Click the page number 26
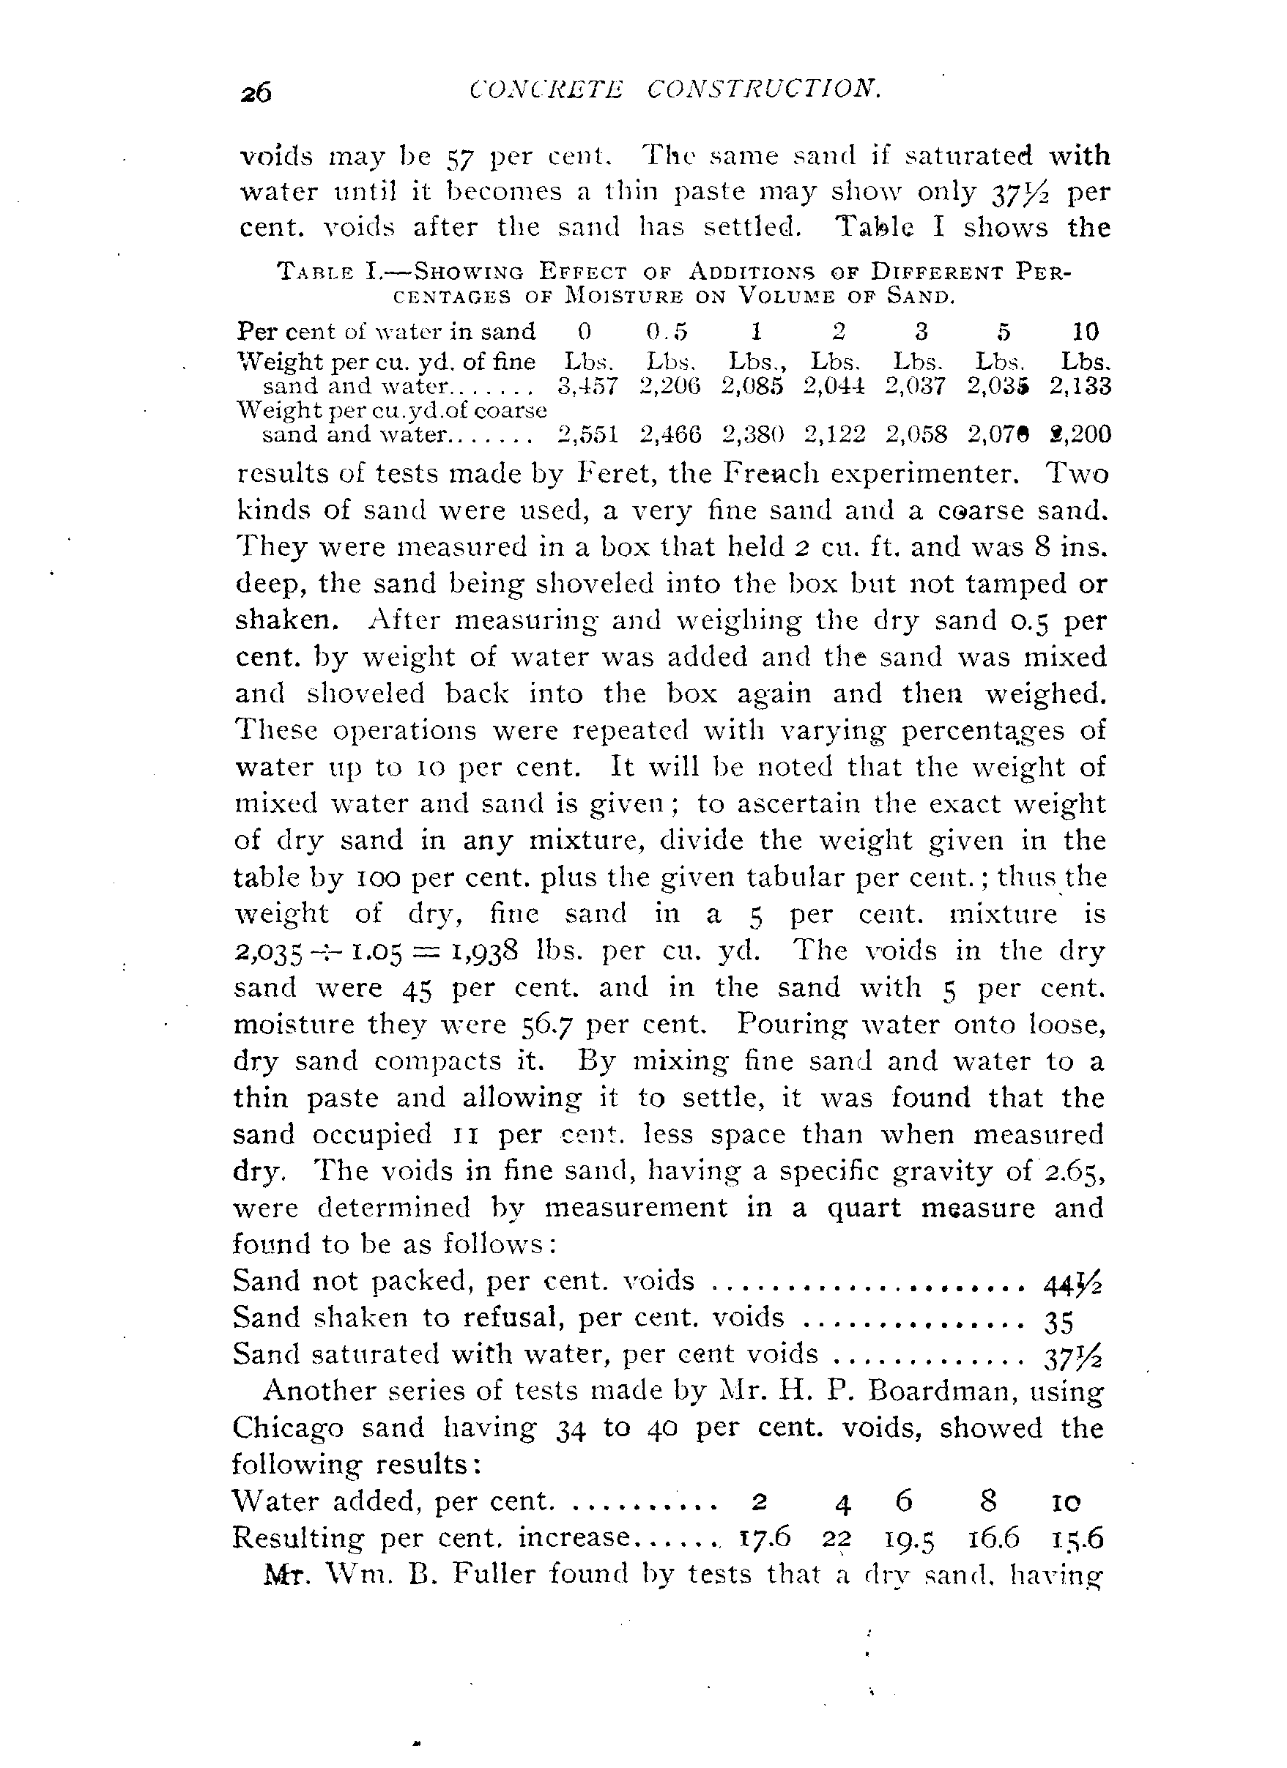click(x=256, y=93)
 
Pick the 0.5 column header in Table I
click(x=667, y=332)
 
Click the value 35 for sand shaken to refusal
click(x=1058, y=1318)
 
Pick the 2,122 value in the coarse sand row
click(x=835, y=434)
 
